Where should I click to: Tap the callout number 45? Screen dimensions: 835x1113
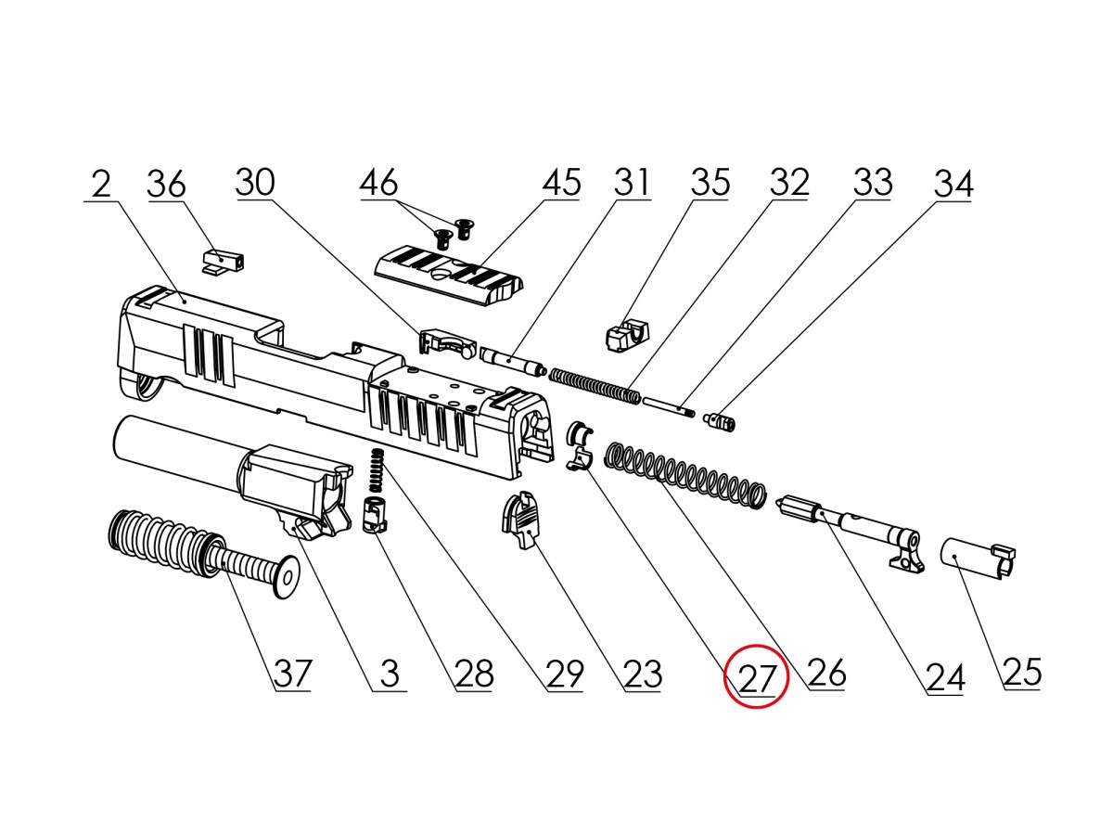pos(561,183)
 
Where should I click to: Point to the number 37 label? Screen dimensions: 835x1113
pos(292,673)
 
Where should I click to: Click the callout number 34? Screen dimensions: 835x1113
pos(953,184)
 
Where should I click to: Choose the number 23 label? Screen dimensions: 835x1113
pos(643,674)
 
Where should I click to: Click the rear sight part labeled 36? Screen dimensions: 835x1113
pos(221,260)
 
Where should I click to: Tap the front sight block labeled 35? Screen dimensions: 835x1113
pos(627,334)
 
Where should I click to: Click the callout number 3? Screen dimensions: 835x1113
pos(390,674)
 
